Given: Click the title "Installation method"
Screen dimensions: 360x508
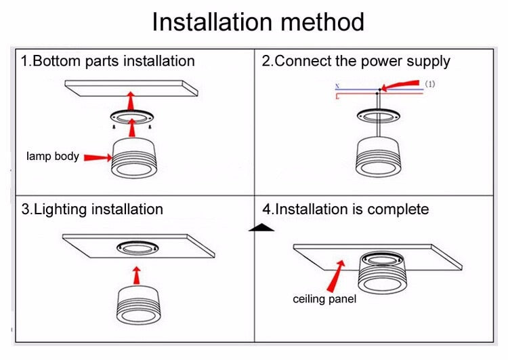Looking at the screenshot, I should pyautogui.click(x=257, y=22).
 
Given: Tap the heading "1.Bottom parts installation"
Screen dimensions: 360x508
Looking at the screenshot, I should pyautogui.click(x=108, y=61).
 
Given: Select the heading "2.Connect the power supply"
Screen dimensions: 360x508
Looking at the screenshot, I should pyautogui.click(x=356, y=61).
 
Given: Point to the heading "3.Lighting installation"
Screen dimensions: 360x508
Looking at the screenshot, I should pyautogui.click(x=92, y=209).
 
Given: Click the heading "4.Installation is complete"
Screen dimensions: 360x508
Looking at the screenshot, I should pyautogui.click(x=345, y=209).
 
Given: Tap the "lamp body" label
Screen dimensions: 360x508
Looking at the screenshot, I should pyautogui.click(x=53, y=157).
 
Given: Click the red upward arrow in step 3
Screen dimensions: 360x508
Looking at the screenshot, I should pyautogui.click(x=137, y=275).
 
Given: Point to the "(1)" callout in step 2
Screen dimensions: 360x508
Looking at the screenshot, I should pyautogui.click(x=430, y=84).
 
